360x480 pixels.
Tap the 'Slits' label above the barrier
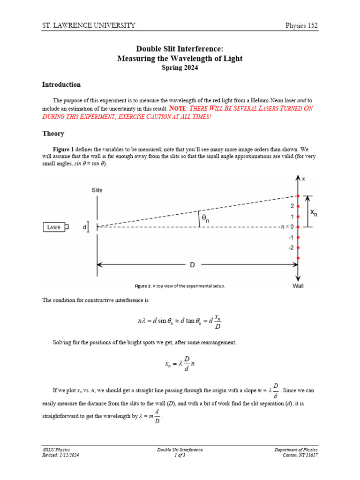(97, 190)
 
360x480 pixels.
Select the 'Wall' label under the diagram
(298, 286)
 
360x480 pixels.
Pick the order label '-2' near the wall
(291, 247)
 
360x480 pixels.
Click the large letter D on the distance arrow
(192, 265)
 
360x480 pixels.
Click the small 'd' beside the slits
(84, 227)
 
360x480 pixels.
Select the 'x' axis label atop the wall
(303, 179)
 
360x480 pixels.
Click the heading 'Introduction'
(61, 85)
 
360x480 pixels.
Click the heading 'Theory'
(53, 134)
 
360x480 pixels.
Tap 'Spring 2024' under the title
(180, 67)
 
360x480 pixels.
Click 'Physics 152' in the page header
(302, 25)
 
